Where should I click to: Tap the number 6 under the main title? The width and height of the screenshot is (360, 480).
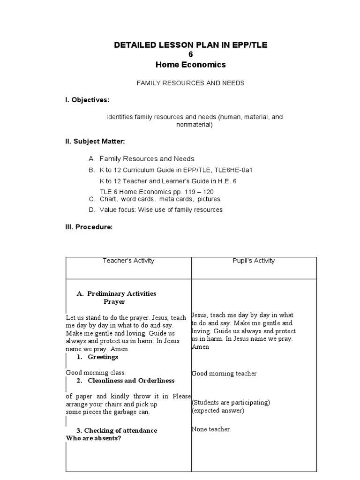pyautogui.click(x=190, y=54)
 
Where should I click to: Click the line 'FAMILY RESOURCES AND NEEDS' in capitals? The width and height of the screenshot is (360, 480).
pyautogui.click(x=190, y=83)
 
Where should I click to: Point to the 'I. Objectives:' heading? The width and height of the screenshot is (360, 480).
pyautogui.click(x=87, y=100)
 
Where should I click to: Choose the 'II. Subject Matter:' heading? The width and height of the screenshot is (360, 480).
pyautogui.click(x=95, y=141)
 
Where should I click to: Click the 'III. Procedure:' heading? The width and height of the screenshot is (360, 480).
pyautogui.click(x=89, y=227)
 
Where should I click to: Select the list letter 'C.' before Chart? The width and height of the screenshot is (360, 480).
pyautogui.click(x=92, y=199)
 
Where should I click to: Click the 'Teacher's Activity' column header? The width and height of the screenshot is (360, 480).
pyautogui.click(x=128, y=261)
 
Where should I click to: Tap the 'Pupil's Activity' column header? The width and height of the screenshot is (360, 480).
pyautogui.click(x=254, y=261)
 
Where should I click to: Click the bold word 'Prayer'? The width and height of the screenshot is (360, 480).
pyautogui.click(x=114, y=302)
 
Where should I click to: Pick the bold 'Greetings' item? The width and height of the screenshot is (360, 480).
pyautogui.click(x=103, y=357)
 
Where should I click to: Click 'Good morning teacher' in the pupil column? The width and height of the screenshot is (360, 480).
pyautogui.click(x=224, y=374)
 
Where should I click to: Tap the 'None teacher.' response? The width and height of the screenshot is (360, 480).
pyautogui.click(x=211, y=429)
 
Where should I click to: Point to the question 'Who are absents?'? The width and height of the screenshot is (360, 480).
pyautogui.click(x=97, y=438)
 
